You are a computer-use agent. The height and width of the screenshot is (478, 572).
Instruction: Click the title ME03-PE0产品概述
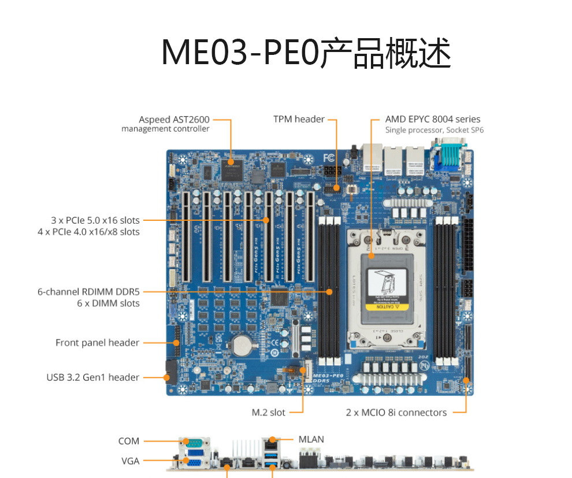306,53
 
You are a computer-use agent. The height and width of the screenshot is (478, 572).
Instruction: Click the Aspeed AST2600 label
174,120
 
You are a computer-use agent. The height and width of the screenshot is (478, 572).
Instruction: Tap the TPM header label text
299,119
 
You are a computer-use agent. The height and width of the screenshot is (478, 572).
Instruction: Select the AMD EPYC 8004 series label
433,119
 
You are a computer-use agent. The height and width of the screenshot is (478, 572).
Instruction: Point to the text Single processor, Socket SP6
434,130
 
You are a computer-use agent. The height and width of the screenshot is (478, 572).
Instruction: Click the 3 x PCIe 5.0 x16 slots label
95,220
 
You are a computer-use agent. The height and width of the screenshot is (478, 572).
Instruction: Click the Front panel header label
97,343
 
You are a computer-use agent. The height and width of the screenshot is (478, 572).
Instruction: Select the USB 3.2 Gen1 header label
92,377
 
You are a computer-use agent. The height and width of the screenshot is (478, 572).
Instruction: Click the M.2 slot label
269,413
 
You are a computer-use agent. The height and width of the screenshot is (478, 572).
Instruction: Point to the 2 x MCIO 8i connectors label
396,413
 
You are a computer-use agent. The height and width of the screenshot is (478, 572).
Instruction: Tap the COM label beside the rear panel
129,441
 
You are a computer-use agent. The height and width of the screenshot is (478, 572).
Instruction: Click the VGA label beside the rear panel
130,461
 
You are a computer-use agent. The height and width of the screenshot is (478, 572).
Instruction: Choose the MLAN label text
311,439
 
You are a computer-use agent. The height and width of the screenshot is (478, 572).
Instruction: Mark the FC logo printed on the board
329,157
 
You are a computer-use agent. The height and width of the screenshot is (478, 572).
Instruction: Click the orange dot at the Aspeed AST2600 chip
231,160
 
